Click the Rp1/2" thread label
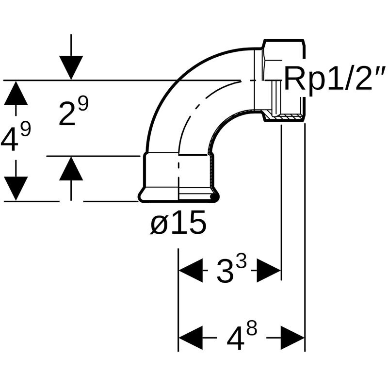click(335, 78)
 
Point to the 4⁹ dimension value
click(16, 137)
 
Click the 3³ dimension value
click(232, 270)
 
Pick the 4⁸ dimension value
click(242, 337)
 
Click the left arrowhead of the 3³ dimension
click(191, 271)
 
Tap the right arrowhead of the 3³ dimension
click(269, 271)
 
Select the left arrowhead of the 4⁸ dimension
click(191, 338)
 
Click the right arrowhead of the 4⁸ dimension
click(292, 338)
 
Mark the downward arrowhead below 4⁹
click(16, 189)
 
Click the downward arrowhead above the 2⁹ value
click(71, 68)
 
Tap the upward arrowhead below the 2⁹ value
click(71, 168)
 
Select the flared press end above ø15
click(178, 195)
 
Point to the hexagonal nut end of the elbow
click(283, 81)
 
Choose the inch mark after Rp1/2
click(381, 70)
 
